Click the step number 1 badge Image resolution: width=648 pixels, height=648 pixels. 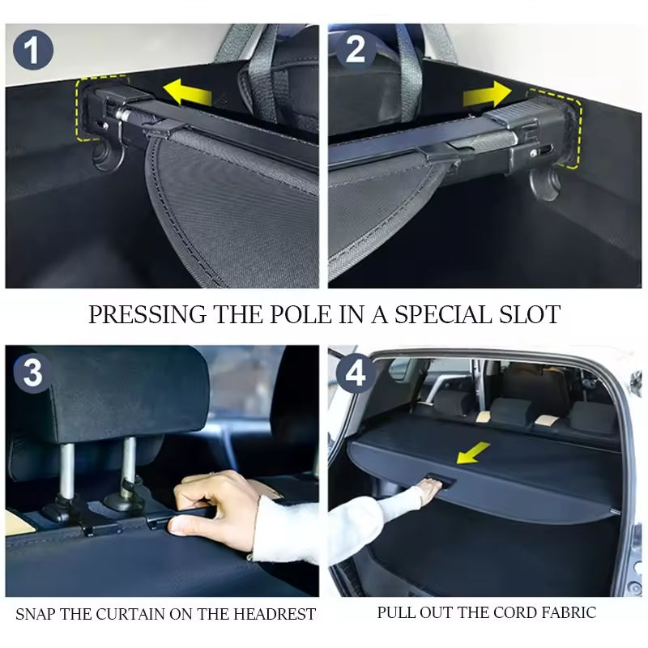(x=33, y=49)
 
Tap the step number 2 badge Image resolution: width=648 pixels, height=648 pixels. (x=355, y=49)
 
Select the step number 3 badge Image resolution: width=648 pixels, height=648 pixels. (x=33, y=373)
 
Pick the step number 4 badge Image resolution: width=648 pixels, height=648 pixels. (x=355, y=373)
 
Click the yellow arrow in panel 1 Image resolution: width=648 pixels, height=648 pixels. (x=187, y=92)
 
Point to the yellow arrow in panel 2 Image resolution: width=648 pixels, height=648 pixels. (x=488, y=94)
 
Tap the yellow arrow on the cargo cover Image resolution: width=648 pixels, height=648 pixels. (x=473, y=453)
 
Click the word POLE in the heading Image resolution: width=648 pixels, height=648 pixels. (x=301, y=314)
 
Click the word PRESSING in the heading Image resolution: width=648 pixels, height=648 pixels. (x=147, y=314)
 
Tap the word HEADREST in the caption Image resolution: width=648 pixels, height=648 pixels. (x=275, y=614)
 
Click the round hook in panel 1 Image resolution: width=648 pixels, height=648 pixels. (x=109, y=156)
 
